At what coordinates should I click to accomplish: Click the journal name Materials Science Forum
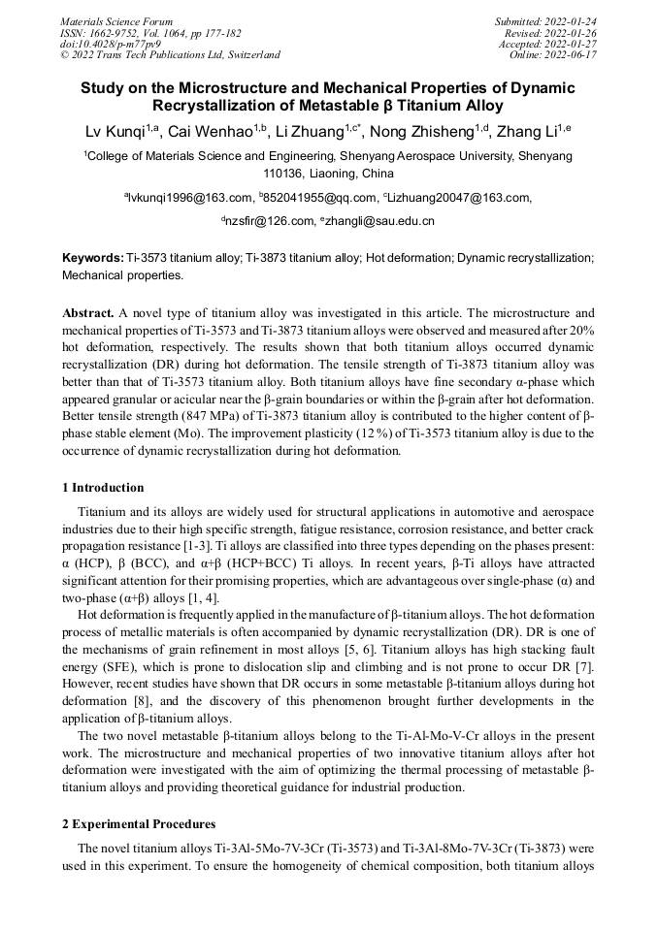116,20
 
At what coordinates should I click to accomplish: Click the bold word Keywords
92,258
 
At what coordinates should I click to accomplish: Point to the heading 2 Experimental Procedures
139,824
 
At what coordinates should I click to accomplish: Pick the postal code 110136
285,174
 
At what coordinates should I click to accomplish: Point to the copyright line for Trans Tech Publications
170,55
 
